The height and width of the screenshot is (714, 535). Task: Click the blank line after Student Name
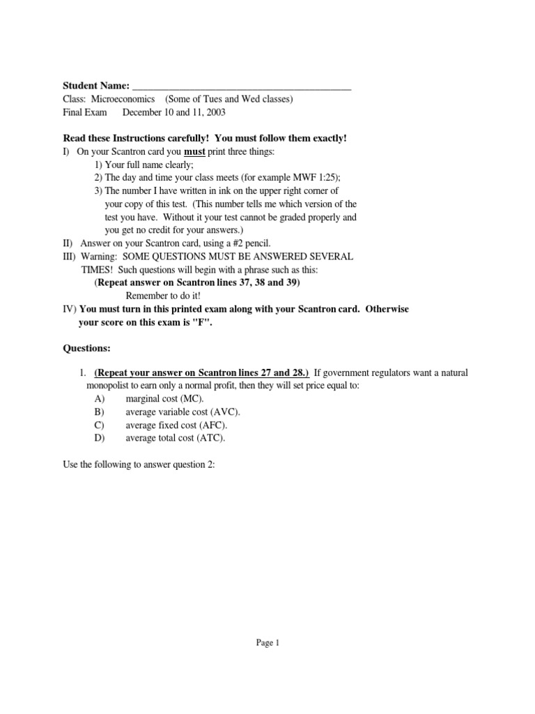pyautogui.click(x=241, y=86)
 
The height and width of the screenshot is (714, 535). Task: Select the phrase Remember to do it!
pyautogui.click(x=163, y=295)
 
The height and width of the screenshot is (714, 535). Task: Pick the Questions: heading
pyautogui.click(x=86, y=347)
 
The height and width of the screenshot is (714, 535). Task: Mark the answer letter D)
pyautogui.click(x=100, y=438)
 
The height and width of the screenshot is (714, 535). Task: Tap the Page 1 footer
pyautogui.click(x=267, y=644)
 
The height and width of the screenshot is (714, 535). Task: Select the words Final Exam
pyautogui.click(x=83, y=112)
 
